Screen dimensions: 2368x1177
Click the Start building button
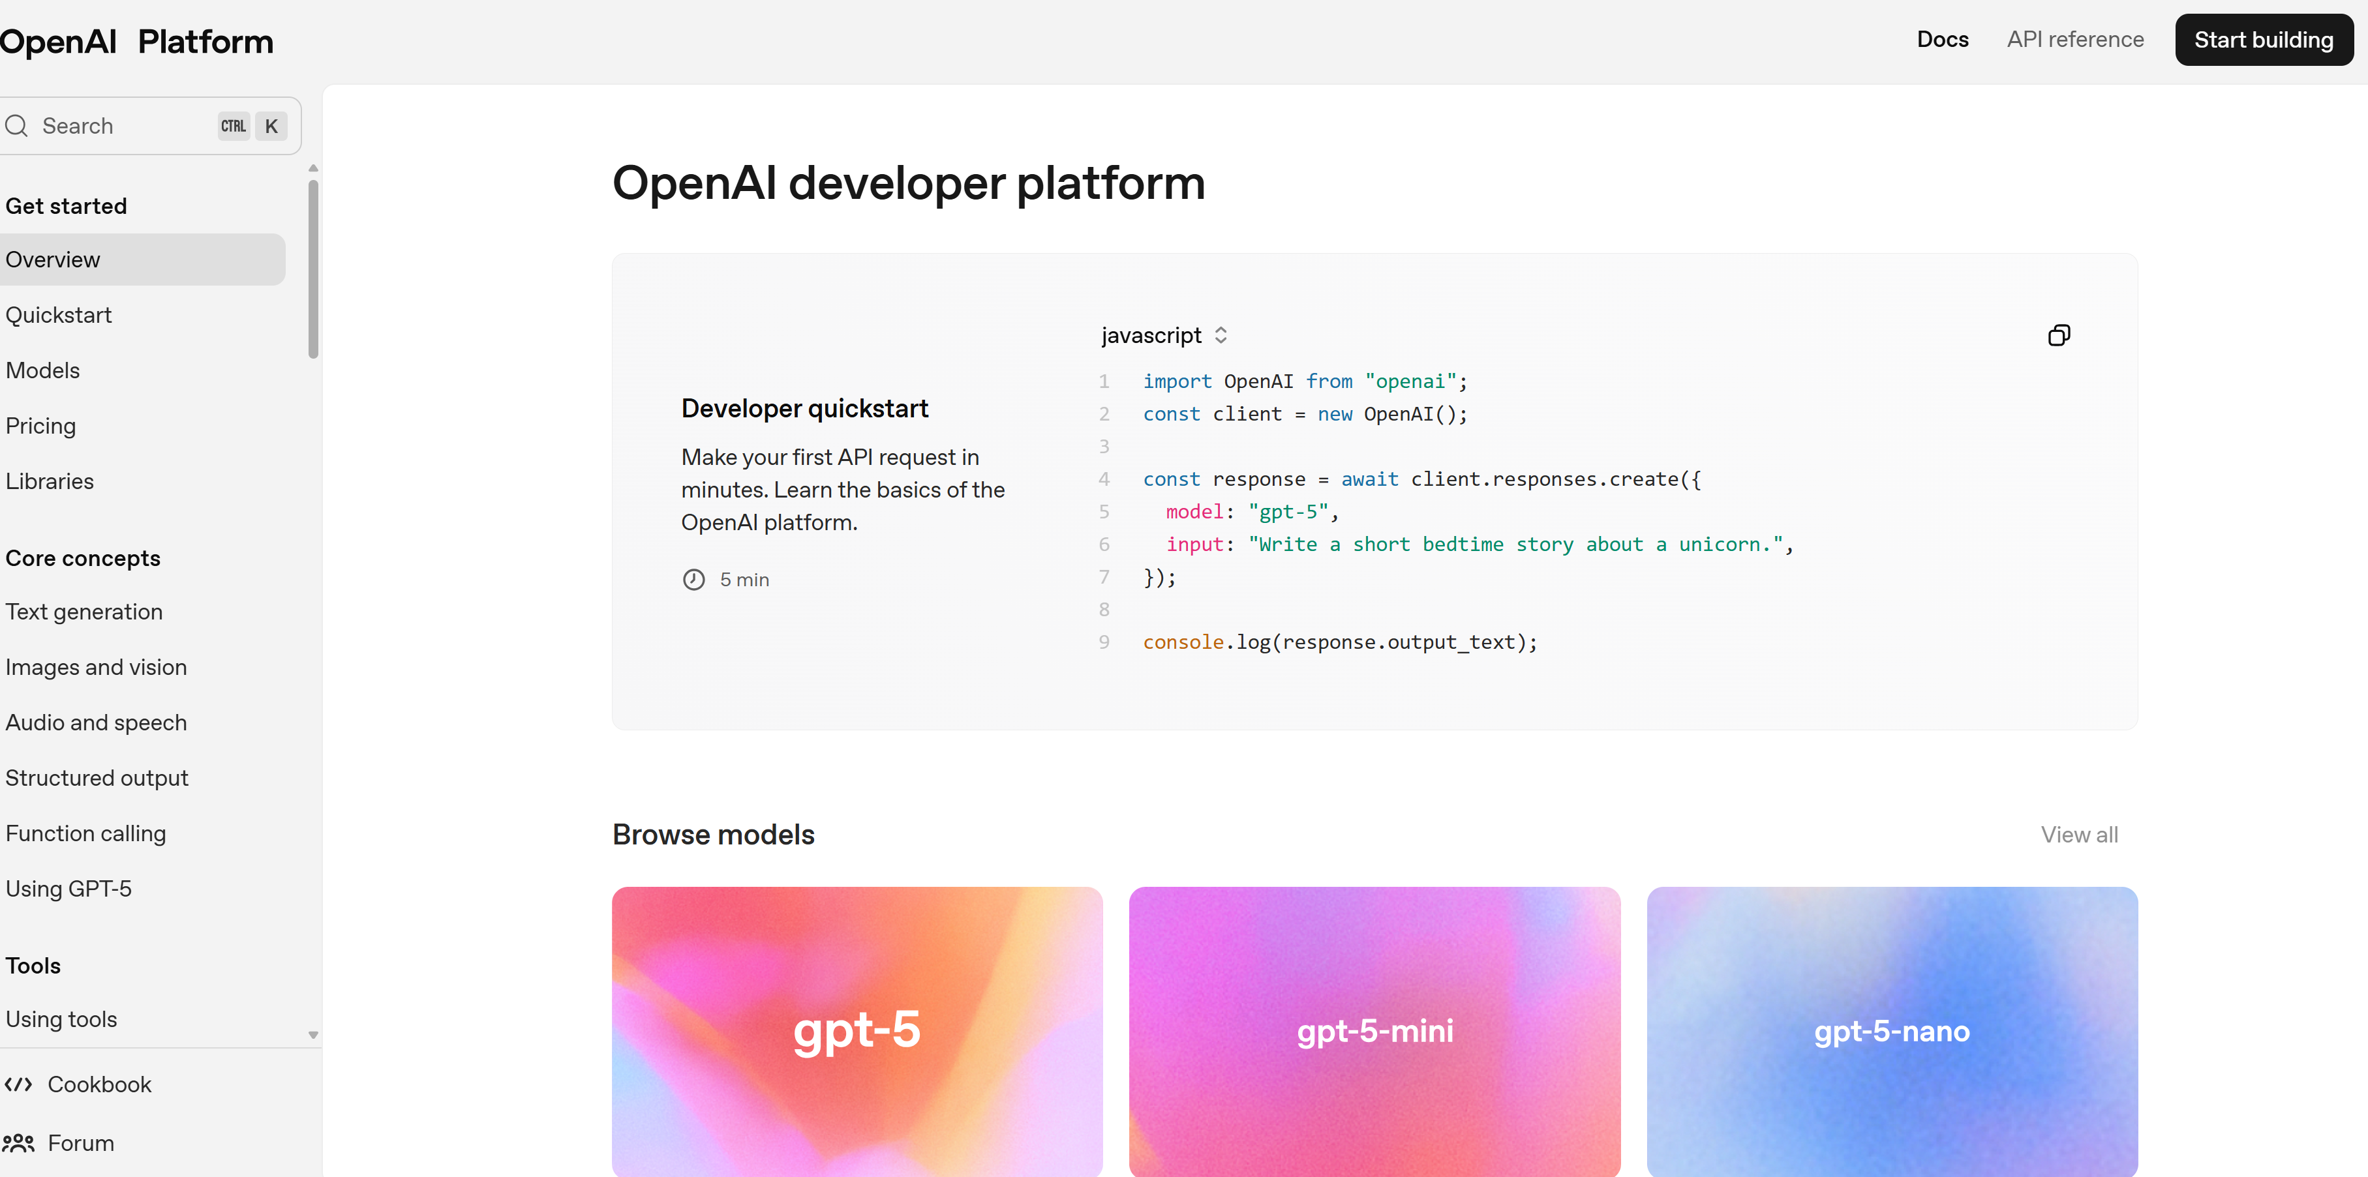click(2263, 40)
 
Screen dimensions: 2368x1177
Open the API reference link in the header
click(2074, 40)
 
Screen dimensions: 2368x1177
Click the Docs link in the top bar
click(1943, 40)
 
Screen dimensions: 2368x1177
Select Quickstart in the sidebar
click(59, 315)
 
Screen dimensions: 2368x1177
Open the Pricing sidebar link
click(40, 426)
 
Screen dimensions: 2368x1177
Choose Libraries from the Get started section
click(50, 481)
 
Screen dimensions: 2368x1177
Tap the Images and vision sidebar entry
click(97, 667)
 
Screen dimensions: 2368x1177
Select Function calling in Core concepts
click(85, 833)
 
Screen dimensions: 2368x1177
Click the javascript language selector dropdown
click(1164, 335)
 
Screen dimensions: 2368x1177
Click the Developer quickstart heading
click(804, 408)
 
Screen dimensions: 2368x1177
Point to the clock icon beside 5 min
click(694, 580)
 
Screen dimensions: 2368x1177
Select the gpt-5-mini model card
click(1374, 1031)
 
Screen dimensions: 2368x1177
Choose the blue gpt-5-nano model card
click(1892, 1031)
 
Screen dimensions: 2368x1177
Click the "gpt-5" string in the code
click(1288, 512)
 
